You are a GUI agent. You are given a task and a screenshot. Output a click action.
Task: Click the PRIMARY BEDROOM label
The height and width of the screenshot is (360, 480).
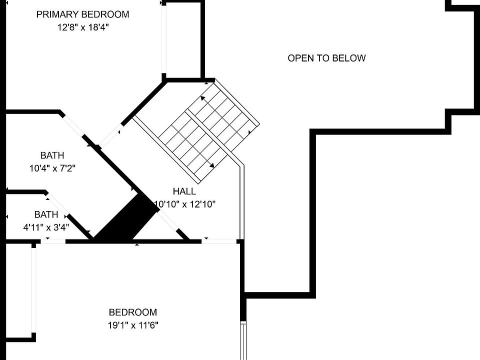(82, 14)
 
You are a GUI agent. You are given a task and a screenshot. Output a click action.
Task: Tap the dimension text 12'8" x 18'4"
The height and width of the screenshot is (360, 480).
(82, 27)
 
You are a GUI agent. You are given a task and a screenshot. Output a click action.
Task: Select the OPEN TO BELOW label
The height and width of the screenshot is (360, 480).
(326, 58)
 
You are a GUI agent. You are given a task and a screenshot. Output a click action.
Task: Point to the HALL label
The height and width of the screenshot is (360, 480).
(184, 191)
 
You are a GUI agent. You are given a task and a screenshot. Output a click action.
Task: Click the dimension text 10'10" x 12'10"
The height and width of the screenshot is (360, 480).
(185, 204)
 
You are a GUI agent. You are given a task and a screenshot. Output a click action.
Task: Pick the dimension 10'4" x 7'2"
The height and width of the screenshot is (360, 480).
(52, 168)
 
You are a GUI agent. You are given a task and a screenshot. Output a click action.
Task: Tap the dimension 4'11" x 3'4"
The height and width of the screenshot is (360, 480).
(46, 227)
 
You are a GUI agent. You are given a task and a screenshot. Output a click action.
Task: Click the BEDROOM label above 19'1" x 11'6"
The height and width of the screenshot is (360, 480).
(133, 312)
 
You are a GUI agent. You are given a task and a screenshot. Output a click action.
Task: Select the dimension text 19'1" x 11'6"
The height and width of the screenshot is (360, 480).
(133, 325)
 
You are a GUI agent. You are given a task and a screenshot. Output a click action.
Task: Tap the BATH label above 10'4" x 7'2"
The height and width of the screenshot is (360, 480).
(52, 155)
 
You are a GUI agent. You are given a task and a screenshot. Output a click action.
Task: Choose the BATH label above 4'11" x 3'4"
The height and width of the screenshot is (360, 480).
(46, 214)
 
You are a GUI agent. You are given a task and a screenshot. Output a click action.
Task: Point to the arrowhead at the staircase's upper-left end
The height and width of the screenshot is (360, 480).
(202, 98)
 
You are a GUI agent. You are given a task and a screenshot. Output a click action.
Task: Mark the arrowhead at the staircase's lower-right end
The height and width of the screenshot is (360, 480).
(212, 165)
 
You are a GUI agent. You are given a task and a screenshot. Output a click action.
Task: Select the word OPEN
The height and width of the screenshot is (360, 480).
(299, 58)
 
